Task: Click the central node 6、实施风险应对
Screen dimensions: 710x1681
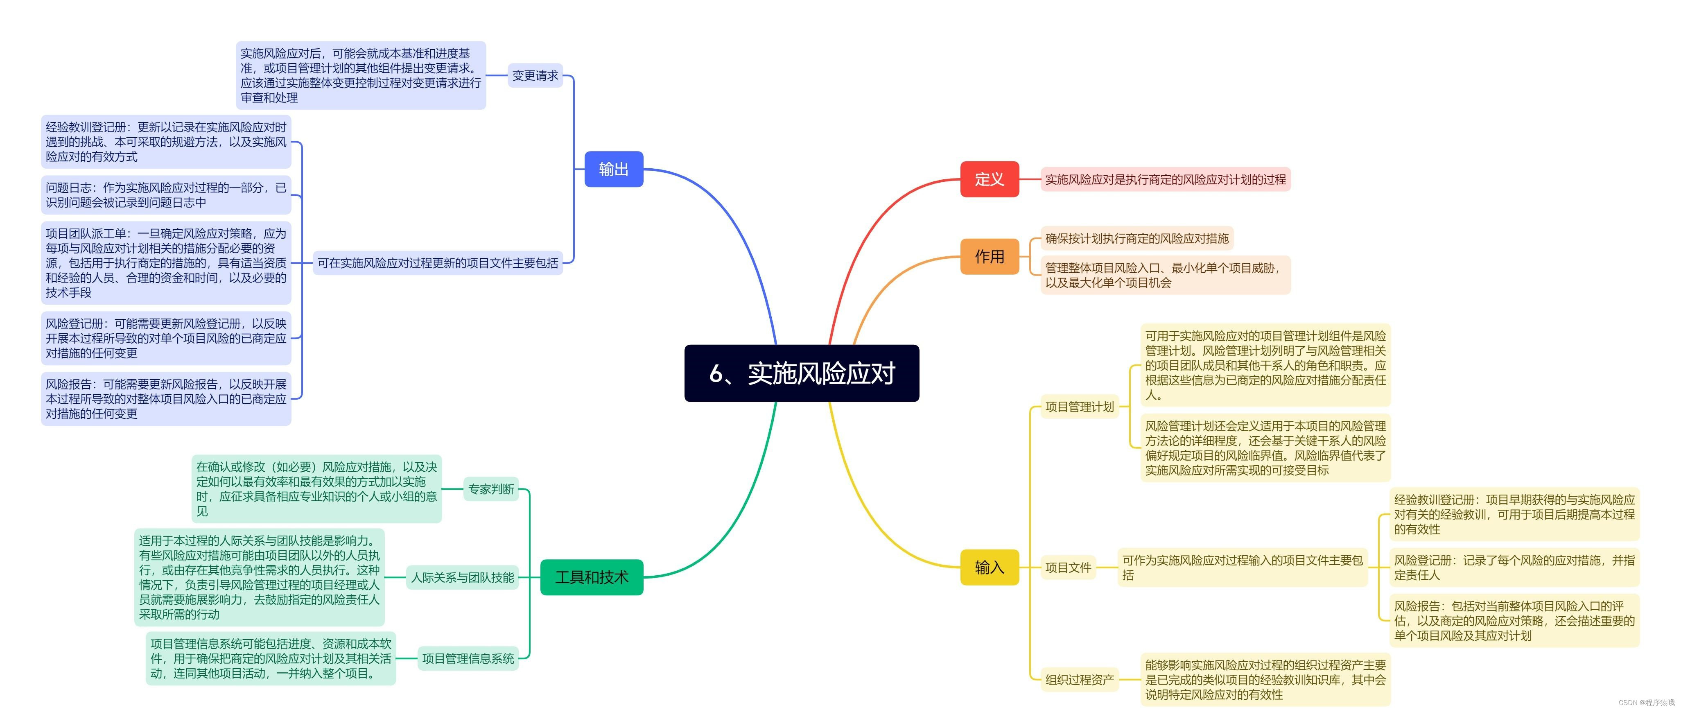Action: click(801, 373)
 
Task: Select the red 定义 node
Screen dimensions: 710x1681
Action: click(989, 179)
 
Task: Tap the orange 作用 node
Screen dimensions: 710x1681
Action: click(989, 256)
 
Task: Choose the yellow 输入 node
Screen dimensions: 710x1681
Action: click(989, 567)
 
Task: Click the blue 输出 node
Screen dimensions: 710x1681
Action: click(613, 169)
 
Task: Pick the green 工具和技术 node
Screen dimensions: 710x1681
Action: click(591, 577)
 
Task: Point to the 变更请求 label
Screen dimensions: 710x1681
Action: click(535, 76)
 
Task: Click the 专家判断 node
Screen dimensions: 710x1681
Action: click(491, 489)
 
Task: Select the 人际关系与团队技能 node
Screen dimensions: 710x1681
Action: click(462, 577)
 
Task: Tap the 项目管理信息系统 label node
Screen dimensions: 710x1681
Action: click(468, 658)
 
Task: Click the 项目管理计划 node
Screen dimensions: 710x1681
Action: click(1079, 407)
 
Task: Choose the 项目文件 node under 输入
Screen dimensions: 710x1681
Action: click(1068, 567)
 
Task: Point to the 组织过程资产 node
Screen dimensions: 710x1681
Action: click(1079, 679)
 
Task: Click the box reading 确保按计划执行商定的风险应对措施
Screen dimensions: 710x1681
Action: click(1136, 238)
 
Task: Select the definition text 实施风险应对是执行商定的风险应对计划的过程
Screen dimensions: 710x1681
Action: click(1165, 179)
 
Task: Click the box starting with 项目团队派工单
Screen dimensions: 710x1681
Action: click(166, 263)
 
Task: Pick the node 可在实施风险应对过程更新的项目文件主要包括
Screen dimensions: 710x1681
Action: click(437, 263)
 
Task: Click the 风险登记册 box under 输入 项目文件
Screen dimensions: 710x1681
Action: click(1514, 567)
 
